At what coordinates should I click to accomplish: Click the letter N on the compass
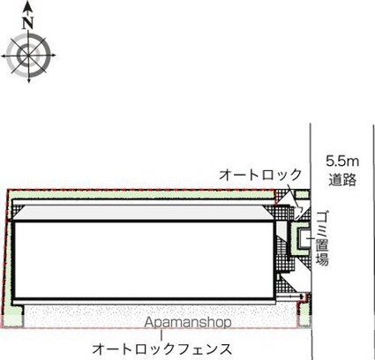point(28,23)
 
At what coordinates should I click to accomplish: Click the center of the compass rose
point(28,55)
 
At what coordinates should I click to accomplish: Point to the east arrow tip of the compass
point(55,55)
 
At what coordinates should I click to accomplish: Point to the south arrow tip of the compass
point(29,81)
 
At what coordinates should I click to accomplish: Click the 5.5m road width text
point(342,161)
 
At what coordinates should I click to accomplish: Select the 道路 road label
point(342,179)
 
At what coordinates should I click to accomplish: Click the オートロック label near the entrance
point(260,175)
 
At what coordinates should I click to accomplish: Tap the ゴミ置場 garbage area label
point(322,238)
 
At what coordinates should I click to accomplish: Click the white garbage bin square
point(304,238)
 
